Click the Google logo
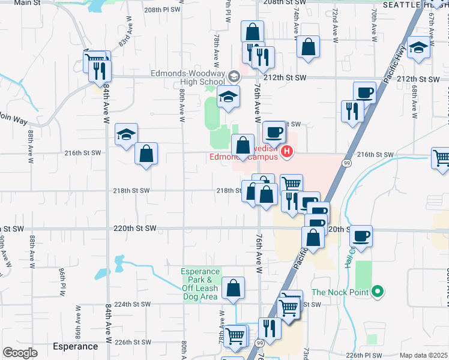coord(20,353)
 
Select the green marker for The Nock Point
coord(377,293)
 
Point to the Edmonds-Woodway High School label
coord(187,78)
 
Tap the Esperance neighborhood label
coord(75,346)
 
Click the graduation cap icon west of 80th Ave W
coord(127,134)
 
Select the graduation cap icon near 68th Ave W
coord(418,47)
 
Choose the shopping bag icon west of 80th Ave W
coord(146,154)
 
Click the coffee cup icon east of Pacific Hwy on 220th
coord(361,236)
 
